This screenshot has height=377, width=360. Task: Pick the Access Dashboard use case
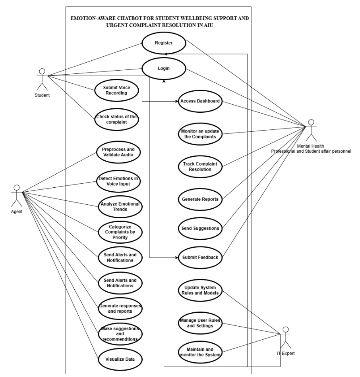[x=200, y=101]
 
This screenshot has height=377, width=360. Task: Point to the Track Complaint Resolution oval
[x=200, y=166]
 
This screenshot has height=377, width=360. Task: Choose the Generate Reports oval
[x=200, y=199]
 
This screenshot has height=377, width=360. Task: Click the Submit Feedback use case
[x=200, y=257]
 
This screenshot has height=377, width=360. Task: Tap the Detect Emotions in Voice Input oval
[x=119, y=181]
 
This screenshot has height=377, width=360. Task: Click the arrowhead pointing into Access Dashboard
[x=176, y=101]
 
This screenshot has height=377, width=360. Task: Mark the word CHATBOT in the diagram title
[x=124, y=18]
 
